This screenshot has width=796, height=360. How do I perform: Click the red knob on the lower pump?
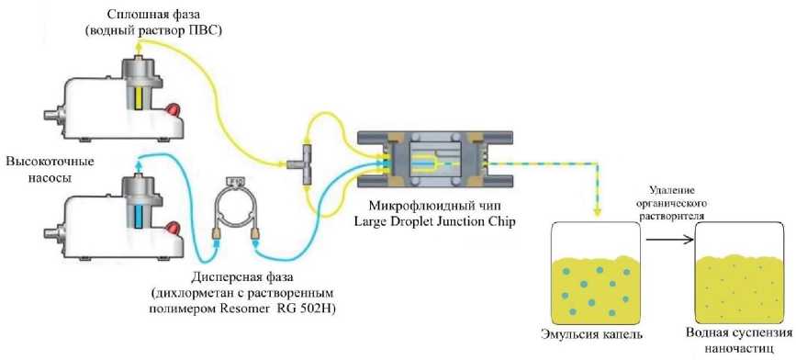174,228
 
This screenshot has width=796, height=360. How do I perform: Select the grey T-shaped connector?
304,164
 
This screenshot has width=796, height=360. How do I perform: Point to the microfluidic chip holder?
435,160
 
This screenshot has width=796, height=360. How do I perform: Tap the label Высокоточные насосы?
50,171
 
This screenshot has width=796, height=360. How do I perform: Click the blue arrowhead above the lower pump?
138,163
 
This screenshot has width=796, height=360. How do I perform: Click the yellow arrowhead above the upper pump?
138,46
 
